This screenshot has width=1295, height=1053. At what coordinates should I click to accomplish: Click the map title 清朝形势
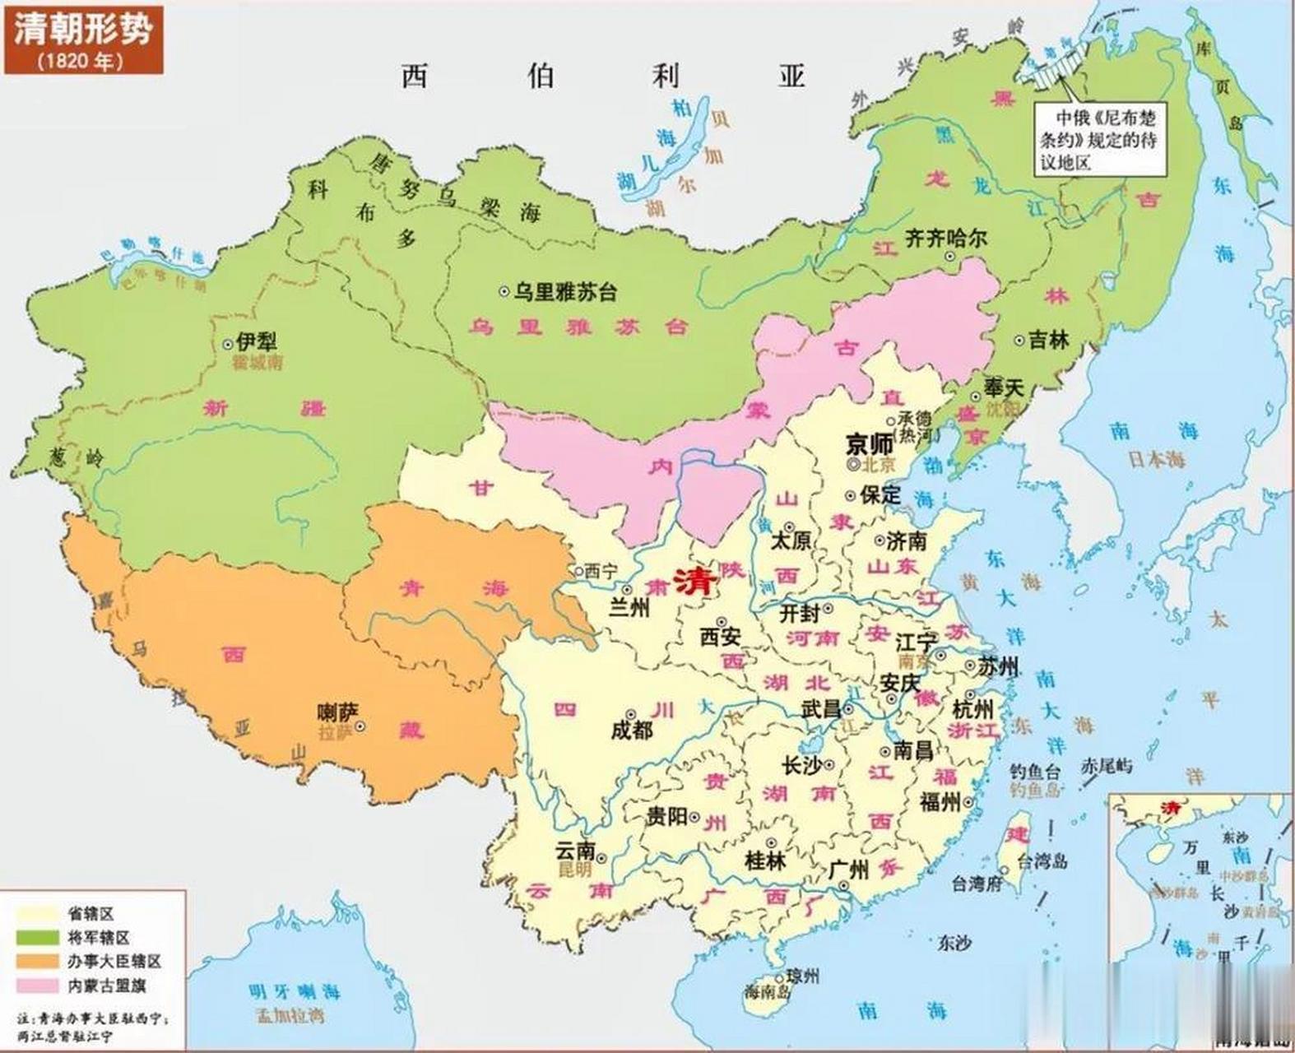(x=81, y=30)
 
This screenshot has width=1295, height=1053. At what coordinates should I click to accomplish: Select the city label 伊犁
(x=256, y=341)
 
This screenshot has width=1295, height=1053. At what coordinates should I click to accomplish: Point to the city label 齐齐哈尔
(x=945, y=239)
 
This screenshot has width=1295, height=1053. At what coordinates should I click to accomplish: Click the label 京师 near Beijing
(x=870, y=444)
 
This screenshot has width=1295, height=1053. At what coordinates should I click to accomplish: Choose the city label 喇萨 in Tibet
(x=338, y=712)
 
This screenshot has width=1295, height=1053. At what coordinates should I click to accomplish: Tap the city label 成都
(x=632, y=729)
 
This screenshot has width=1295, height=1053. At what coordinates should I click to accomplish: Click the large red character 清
(x=695, y=582)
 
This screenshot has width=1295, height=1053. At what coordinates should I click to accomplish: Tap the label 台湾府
(x=978, y=884)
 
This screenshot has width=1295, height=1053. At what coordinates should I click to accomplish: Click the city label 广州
(x=849, y=869)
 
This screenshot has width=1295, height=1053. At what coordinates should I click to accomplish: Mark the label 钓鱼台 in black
(x=1035, y=772)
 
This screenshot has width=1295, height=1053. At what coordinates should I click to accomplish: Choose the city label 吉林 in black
(x=1048, y=339)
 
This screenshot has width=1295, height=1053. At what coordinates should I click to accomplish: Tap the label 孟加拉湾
(x=289, y=1015)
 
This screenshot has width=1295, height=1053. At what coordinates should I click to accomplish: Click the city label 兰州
(x=629, y=608)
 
